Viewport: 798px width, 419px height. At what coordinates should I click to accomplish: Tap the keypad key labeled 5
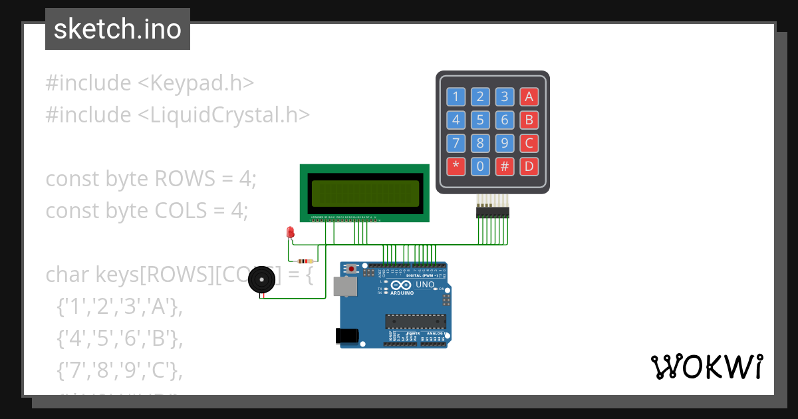pyautogui.click(x=480, y=120)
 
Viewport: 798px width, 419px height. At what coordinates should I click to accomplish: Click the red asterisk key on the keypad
pyautogui.click(x=456, y=166)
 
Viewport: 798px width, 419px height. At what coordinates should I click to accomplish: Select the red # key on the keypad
pyautogui.click(x=505, y=166)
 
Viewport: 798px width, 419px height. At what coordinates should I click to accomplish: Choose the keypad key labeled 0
pyautogui.click(x=480, y=166)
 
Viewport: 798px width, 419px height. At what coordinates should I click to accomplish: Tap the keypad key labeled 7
pyautogui.click(x=456, y=143)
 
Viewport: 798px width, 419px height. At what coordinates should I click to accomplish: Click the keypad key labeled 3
pyautogui.click(x=505, y=97)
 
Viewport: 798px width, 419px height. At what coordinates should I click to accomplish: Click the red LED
pyautogui.click(x=290, y=232)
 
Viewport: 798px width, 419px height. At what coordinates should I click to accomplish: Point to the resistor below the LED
pyautogui.click(x=305, y=261)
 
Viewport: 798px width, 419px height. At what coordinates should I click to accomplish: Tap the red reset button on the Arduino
pyautogui.click(x=352, y=269)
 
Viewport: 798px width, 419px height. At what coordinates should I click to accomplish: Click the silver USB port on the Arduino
pyautogui.click(x=345, y=286)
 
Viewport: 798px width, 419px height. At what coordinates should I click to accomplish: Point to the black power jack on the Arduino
pyautogui.click(x=348, y=337)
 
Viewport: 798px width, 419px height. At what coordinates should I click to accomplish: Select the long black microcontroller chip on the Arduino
pyautogui.click(x=416, y=321)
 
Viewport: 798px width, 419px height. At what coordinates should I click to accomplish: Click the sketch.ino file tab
pyautogui.click(x=118, y=29)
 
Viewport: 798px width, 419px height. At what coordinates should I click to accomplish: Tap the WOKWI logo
pyautogui.click(x=706, y=367)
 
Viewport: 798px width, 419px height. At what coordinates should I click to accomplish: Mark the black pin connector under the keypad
pyautogui.click(x=492, y=212)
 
